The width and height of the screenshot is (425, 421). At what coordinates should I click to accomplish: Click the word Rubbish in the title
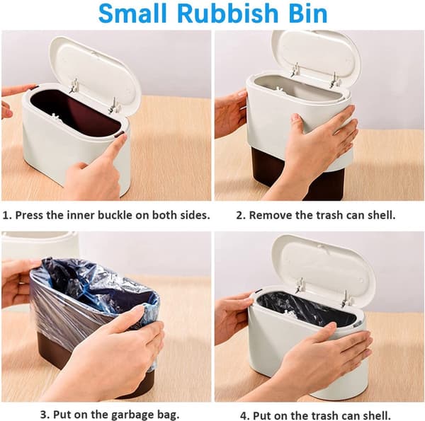228,13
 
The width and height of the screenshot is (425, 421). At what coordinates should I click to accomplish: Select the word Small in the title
133,13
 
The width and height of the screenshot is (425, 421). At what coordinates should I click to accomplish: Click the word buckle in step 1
115,215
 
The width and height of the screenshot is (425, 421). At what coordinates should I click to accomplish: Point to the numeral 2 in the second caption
239,216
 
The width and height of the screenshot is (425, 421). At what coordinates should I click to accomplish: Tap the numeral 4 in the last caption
243,415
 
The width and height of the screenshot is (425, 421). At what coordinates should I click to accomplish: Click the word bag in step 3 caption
168,415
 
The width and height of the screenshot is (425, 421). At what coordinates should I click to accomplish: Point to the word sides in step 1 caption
196,215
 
